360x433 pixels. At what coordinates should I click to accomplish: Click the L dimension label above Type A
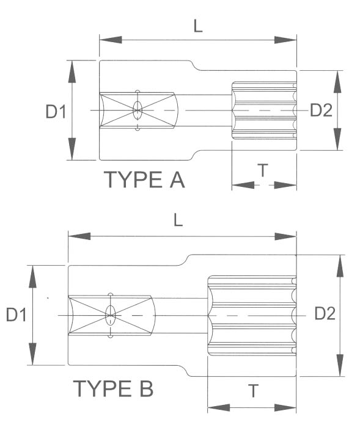tap(197, 26)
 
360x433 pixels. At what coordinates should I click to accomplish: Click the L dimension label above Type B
tap(178, 220)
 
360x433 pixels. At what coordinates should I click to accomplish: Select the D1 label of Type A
tap(56, 111)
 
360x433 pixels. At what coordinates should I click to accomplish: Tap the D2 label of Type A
tap(321, 110)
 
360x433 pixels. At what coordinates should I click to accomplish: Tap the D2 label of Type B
tap(325, 313)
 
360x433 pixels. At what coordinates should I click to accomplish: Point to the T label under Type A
tap(262, 171)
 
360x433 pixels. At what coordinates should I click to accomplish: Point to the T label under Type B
tap(252, 391)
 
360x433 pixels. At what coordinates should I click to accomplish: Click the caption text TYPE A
tap(144, 180)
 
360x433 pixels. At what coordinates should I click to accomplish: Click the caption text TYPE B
tap(113, 388)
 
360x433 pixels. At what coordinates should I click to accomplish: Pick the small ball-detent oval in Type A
tap(138, 111)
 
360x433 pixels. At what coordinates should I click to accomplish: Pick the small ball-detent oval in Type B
tap(111, 315)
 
